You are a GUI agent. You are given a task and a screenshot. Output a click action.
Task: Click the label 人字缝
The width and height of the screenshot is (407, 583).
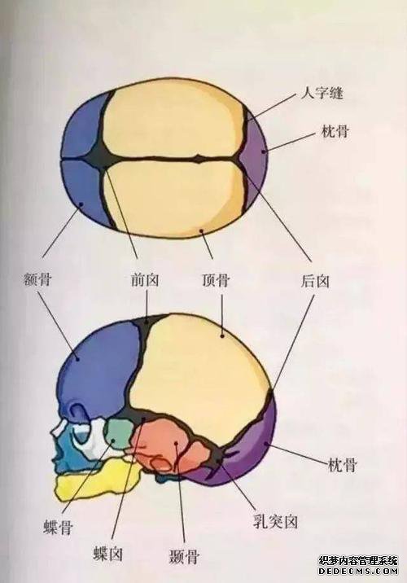click(322, 93)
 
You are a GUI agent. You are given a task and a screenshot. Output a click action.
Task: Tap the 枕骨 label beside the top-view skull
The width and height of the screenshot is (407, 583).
click(335, 131)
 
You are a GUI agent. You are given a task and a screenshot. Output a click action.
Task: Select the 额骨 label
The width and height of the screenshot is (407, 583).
click(37, 278)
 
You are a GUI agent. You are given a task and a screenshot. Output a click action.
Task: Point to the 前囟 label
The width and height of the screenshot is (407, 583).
click(145, 279)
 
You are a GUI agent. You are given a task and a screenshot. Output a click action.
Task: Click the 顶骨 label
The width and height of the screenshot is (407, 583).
click(216, 279)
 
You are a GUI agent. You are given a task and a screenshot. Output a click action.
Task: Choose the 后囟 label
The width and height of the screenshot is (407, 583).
click(315, 280)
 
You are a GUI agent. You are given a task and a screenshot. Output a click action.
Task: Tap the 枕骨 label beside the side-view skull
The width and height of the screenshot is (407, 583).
click(343, 464)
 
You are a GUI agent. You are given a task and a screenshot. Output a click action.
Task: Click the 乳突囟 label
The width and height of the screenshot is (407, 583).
click(275, 521)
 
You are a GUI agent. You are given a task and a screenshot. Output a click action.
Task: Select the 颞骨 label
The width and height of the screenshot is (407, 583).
click(184, 556)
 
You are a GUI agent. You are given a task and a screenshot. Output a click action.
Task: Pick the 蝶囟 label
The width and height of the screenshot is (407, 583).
click(107, 554)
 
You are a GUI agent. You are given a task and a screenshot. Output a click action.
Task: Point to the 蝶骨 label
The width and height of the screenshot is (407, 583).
click(59, 527)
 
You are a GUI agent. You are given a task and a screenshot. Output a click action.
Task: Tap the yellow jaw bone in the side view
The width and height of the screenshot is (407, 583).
click(98, 478)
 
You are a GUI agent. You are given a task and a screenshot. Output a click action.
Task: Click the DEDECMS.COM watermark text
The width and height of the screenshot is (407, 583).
click(358, 571)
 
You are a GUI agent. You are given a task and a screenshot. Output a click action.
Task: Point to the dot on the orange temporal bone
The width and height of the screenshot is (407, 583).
click(177, 443)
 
